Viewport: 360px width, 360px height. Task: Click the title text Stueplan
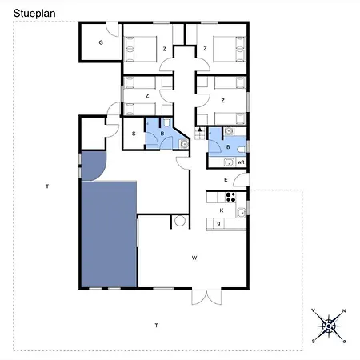(x=34, y=14)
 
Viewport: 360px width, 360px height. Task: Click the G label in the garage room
(x=101, y=42)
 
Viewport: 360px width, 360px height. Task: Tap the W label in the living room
(x=194, y=258)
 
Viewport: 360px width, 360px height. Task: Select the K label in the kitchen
(x=222, y=210)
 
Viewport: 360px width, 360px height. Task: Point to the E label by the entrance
(x=226, y=180)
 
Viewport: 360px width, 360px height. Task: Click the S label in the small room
(x=134, y=134)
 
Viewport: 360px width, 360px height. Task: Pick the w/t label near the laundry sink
(x=241, y=162)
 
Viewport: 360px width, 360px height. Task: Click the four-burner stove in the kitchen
(x=230, y=198)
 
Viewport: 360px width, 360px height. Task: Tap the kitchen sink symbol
(x=242, y=213)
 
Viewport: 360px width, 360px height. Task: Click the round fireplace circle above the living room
(x=180, y=221)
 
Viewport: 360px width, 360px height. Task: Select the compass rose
(x=329, y=326)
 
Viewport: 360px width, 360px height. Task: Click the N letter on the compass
(x=344, y=310)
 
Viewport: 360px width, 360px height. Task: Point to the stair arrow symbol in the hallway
(x=200, y=130)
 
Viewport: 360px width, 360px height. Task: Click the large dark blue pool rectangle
(x=109, y=234)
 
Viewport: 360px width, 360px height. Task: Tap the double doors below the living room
(x=206, y=297)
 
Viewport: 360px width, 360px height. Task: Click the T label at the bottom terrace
(x=157, y=326)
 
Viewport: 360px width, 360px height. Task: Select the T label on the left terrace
(x=47, y=186)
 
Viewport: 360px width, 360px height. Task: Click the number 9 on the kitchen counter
(x=218, y=223)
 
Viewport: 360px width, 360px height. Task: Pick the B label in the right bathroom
(x=228, y=147)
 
